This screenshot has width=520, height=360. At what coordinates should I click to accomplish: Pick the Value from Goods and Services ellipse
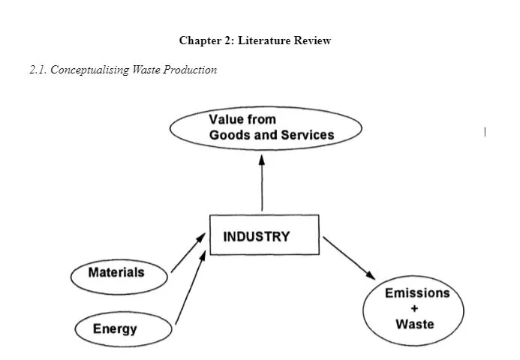[266, 127]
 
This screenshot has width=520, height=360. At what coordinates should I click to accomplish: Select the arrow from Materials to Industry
[188, 252]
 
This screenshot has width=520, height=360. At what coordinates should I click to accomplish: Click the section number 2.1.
[38, 70]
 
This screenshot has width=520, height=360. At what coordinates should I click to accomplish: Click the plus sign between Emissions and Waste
[414, 308]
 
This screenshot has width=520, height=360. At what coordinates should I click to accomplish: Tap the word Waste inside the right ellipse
[414, 324]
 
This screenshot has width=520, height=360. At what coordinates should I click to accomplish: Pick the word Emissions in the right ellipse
[416, 292]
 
